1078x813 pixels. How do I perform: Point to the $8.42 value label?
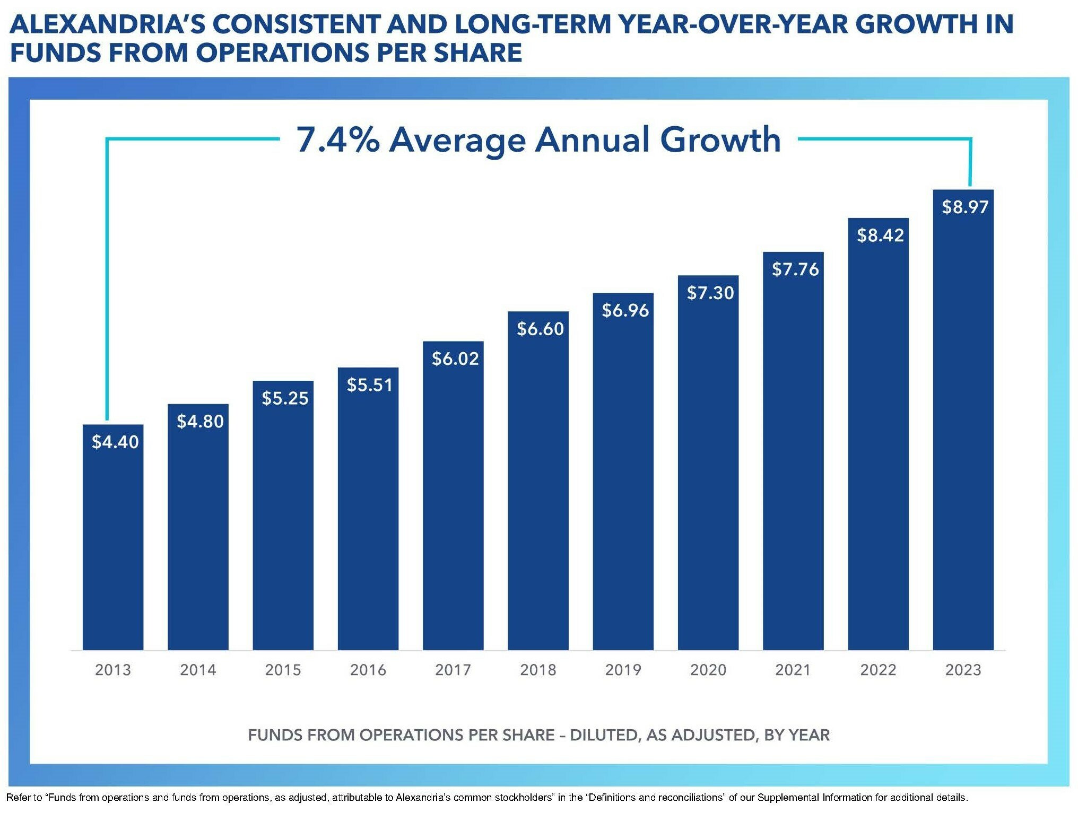click(x=880, y=235)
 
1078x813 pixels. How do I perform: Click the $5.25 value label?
click(x=285, y=398)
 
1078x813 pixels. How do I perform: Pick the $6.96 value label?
click(x=625, y=310)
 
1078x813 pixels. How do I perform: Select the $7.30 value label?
click(x=710, y=293)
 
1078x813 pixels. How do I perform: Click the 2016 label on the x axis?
click(x=368, y=670)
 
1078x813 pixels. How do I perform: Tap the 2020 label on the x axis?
click(x=708, y=670)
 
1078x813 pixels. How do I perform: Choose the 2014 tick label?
click(x=198, y=670)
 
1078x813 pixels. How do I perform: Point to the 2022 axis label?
click(x=878, y=670)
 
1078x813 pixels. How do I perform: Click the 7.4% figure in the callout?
click(x=338, y=139)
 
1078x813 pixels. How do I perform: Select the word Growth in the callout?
click(x=720, y=139)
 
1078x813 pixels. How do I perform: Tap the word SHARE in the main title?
click(x=478, y=53)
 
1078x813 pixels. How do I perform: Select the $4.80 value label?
click(x=200, y=421)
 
